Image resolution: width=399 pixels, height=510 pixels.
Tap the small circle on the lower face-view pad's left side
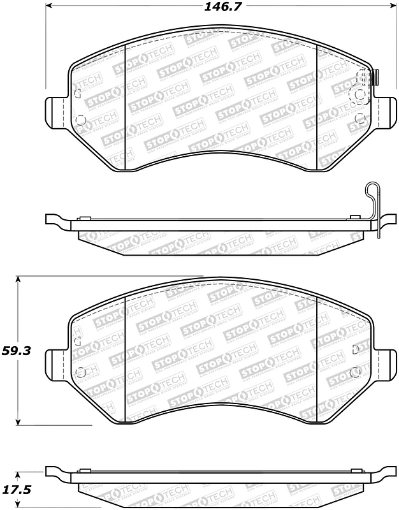(80, 372)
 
